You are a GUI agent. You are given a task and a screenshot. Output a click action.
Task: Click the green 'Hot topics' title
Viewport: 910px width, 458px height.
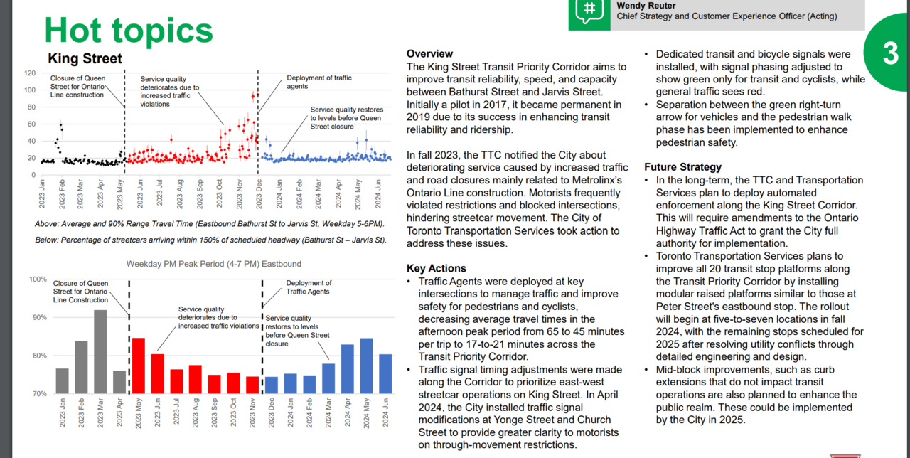(129, 30)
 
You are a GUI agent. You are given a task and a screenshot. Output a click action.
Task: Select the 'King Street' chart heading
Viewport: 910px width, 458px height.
(85, 59)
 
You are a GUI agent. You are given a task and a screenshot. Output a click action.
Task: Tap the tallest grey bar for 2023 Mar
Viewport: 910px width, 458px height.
(100, 351)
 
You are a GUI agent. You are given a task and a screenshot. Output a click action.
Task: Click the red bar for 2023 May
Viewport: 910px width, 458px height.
(139, 366)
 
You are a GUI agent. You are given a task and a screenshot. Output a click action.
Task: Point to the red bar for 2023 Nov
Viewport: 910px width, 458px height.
(252, 385)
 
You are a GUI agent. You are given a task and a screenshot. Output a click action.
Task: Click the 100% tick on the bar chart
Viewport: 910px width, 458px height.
(37, 279)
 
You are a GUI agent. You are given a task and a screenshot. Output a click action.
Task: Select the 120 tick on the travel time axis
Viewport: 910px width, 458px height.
(31, 73)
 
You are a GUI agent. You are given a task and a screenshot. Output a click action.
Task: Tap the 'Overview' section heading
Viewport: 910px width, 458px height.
(429, 54)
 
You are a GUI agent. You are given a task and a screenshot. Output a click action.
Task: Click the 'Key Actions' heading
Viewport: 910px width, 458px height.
(437, 268)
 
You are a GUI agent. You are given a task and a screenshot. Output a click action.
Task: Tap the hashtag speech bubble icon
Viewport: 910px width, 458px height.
(589, 10)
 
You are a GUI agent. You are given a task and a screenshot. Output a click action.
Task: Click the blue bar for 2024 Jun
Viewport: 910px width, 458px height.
(385, 373)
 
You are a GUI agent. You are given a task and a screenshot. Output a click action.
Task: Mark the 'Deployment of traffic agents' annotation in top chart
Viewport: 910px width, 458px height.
(318, 82)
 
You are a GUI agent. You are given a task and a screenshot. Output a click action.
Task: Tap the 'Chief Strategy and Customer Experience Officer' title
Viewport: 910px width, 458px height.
(727, 16)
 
